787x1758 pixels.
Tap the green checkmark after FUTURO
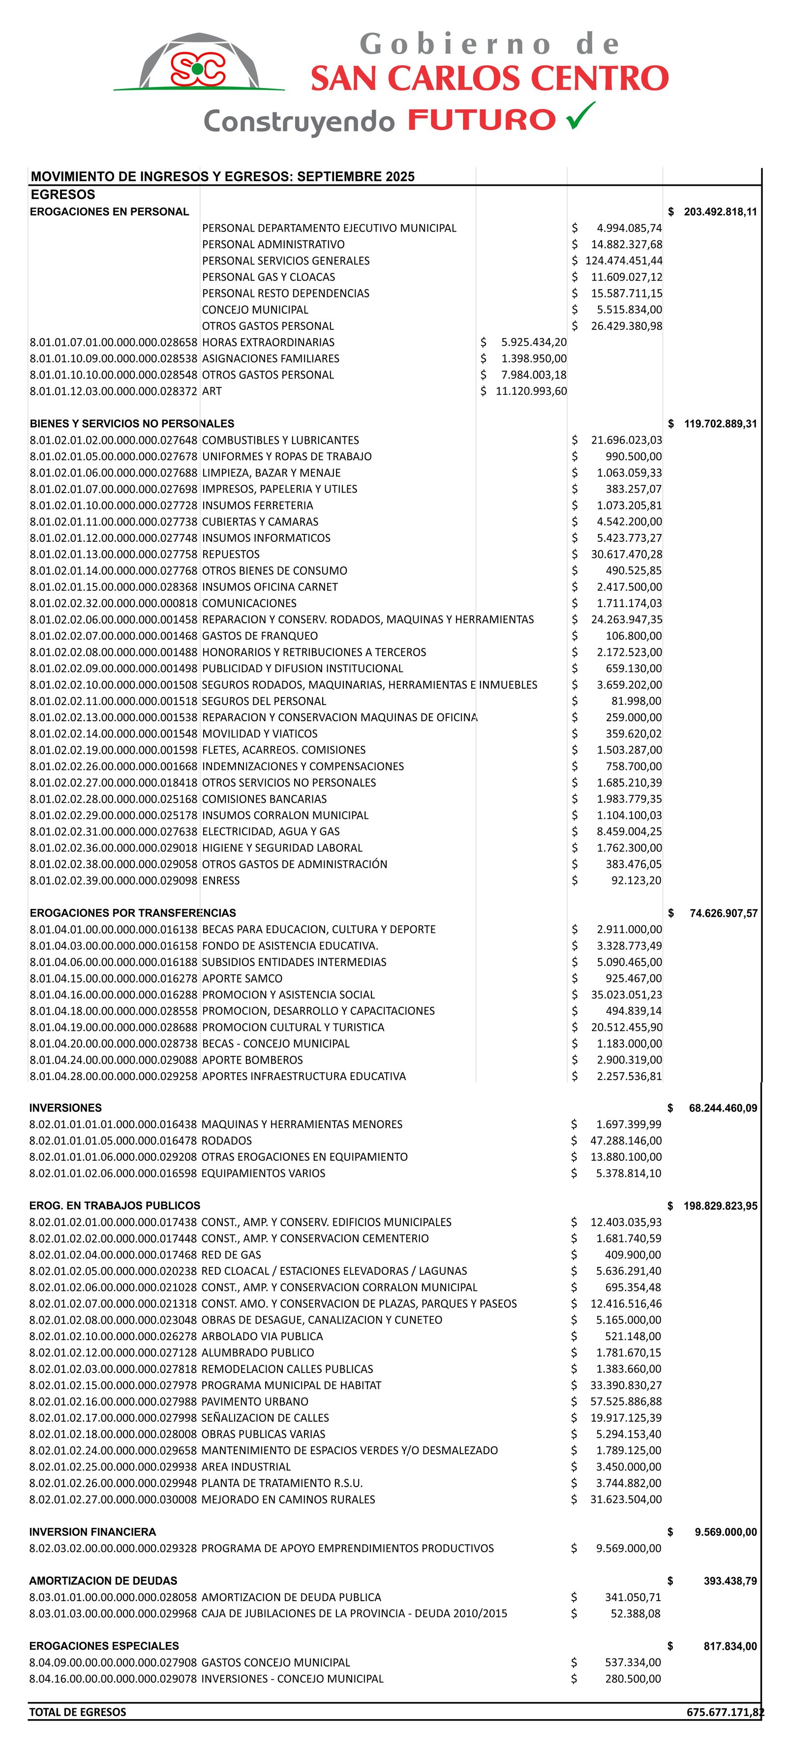point(580,116)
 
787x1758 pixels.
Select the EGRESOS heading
point(63,195)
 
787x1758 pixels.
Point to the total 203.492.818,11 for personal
point(720,211)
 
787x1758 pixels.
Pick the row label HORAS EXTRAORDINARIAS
point(268,342)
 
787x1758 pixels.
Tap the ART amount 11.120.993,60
point(531,391)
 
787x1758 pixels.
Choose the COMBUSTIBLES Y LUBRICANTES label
point(280,440)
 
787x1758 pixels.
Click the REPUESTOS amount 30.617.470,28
point(627,554)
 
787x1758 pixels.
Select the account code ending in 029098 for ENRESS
point(113,880)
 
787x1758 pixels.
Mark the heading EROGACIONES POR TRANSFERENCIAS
point(132,913)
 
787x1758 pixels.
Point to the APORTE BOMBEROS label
point(252,1060)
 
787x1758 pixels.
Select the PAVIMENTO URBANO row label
point(255,1401)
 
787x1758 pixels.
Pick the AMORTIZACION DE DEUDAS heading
point(103,1581)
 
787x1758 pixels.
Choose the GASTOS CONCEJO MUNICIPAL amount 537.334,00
point(633,1663)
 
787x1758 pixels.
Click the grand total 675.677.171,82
point(726,1712)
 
